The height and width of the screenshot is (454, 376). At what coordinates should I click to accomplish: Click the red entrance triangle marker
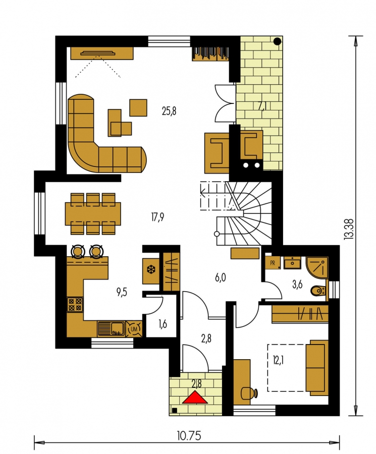pos(195,398)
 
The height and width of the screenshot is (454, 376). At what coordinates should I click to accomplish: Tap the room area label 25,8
pos(169,111)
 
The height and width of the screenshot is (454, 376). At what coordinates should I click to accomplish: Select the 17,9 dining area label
pos(158,217)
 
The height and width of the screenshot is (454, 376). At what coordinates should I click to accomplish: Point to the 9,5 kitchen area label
pos(122,293)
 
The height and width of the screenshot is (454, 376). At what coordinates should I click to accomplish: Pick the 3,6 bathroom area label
pos(297,285)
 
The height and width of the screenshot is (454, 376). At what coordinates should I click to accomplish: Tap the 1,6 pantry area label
pos(163,324)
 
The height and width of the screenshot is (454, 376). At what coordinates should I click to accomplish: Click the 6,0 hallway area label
pos(221,278)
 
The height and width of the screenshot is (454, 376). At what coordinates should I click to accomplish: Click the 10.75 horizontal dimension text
pos(189,435)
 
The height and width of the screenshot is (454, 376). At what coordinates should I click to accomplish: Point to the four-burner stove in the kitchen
pos(75,304)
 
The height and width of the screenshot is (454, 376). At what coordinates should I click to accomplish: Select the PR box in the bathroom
pos(273,263)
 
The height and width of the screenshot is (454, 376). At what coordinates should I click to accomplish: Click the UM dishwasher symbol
pos(134,328)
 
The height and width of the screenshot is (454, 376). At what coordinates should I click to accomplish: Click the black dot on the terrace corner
pos(277,41)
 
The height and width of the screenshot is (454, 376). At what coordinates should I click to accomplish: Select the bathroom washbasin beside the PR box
pos(292,263)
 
